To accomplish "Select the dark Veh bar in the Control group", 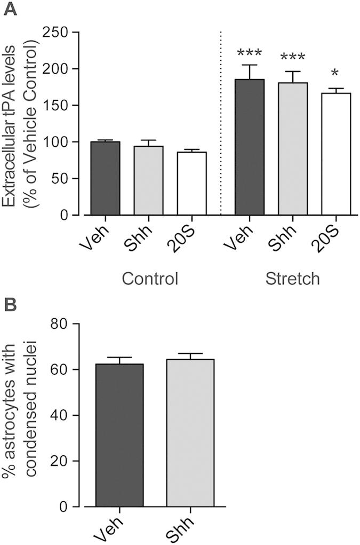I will [105, 179].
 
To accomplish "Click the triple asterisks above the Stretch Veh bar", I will [249, 53].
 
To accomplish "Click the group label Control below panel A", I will [149, 279].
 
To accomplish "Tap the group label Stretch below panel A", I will [293, 279].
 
